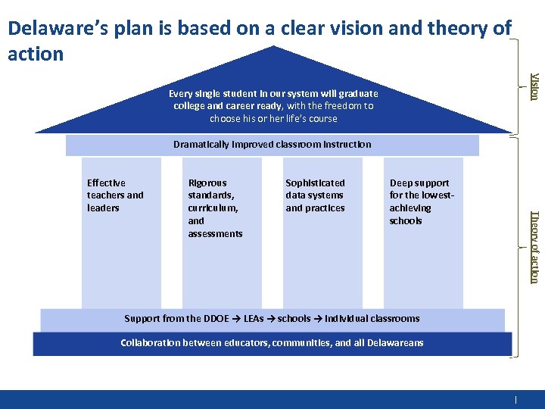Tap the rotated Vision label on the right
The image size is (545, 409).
tap(534, 86)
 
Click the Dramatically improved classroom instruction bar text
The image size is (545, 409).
tap(272, 144)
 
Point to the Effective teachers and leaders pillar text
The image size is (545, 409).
tap(115, 195)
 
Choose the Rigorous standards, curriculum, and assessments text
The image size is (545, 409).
tap(215, 208)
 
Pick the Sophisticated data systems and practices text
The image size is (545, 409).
tap(315, 195)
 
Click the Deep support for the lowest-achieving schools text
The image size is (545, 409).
tap(420, 201)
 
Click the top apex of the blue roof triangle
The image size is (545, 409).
tap(272, 46)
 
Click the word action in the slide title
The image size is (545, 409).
tap(35, 54)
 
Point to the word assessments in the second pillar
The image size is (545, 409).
tap(215, 234)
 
